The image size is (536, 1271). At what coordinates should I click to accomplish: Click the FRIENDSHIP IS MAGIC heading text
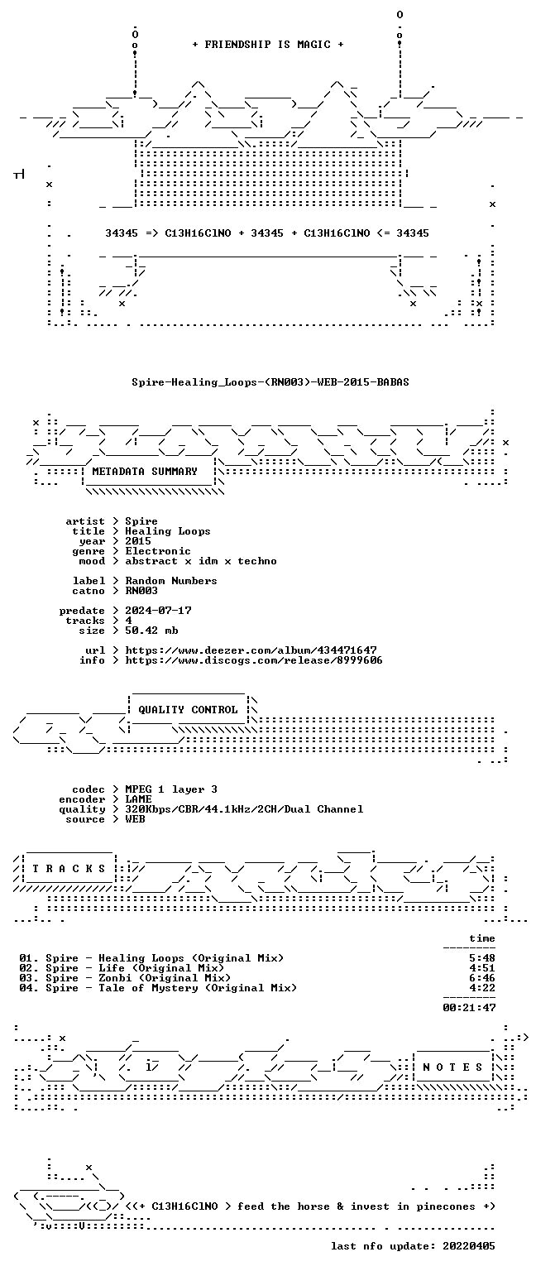(x=268, y=44)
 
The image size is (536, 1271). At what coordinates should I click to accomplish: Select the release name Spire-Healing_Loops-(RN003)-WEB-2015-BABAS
(x=270, y=381)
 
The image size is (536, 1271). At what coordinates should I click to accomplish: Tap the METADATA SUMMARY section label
(x=145, y=471)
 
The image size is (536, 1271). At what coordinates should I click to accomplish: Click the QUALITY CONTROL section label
(x=188, y=709)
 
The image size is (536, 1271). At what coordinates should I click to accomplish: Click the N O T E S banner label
(x=452, y=1067)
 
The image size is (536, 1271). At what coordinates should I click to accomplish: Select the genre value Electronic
(x=158, y=551)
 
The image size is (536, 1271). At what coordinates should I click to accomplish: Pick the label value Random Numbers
(x=171, y=580)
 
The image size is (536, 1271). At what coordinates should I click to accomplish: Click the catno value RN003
(x=141, y=591)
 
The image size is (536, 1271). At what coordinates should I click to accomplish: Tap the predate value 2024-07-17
(x=158, y=611)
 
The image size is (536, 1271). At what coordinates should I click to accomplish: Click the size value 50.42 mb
(x=151, y=631)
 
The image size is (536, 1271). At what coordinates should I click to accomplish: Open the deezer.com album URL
(x=251, y=650)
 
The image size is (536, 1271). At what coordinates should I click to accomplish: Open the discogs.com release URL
(x=254, y=659)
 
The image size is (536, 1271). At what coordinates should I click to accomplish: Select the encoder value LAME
(x=138, y=799)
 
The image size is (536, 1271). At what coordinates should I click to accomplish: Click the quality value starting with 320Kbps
(x=244, y=809)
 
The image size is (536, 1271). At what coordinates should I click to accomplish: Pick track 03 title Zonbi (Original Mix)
(x=165, y=977)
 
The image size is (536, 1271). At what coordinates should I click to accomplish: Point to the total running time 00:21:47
(x=469, y=1007)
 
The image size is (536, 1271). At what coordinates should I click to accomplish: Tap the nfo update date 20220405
(x=468, y=1245)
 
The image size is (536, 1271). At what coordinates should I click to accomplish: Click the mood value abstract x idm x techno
(x=201, y=560)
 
